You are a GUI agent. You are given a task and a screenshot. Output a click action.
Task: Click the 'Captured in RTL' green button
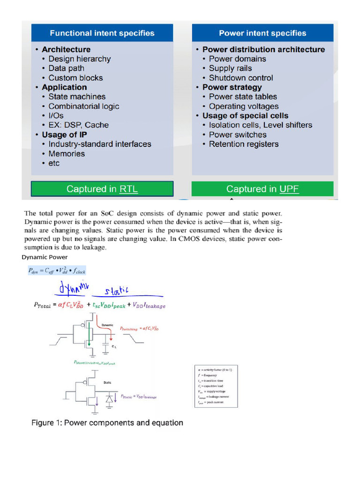pyautogui.click(x=102, y=189)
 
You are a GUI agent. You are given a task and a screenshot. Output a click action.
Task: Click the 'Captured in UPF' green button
pyautogui.click(x=262, y=189)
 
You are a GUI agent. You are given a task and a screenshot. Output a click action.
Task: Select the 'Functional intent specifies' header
pyautogui.click(x=102, y=33)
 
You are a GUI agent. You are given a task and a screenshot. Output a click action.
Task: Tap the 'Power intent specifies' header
pyautogui.click(x=262, y=33)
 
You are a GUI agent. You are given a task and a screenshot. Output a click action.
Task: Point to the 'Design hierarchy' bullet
pyautogui.click(x=79, y=59)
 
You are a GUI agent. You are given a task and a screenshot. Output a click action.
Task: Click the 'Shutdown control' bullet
pyautogui.click(x=240, y=78)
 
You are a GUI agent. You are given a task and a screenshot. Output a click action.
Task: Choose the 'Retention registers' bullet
pyautogui.click(x=243, y=144)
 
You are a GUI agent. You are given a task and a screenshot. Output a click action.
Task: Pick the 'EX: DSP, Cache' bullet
pyautogui.click(x=78, y=125)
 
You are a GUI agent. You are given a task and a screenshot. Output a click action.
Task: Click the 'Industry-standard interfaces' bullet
pyautogui.click(x=99, y=144)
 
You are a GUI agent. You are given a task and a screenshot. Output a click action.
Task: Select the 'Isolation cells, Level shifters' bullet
pyautogui.click(x=260, y=125)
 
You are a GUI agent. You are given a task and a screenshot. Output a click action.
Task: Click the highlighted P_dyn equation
pyautogui.click(x=56, y=270)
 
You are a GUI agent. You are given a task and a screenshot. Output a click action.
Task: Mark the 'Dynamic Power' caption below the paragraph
pyautogui.click(x=45, y=257)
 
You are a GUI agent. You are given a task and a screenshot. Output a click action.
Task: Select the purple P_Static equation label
pyautogui.click(x=139, y=397)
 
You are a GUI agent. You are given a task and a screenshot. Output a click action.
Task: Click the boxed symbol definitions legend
pyautogui.click(x=216, y=386)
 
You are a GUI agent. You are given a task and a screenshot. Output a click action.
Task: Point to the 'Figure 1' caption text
pyautogui.click(x=107, y=423)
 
